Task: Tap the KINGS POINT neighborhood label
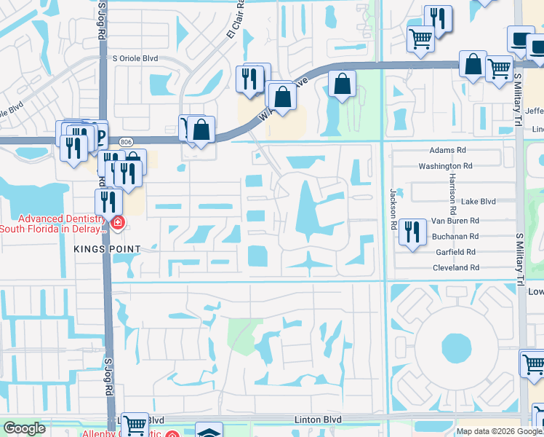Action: [106, 249]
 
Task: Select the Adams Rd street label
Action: [448, 150]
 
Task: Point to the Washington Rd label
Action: [445, 166]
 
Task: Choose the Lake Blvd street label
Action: [479, 202]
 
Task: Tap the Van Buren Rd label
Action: [455, 220]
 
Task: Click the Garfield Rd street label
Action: [455, 252]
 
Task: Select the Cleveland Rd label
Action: [455, 268]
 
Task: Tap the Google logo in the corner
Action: [24, 428]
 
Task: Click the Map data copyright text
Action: [499, 431]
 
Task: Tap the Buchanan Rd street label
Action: [454, 237]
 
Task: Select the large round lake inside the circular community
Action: [456, 347]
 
